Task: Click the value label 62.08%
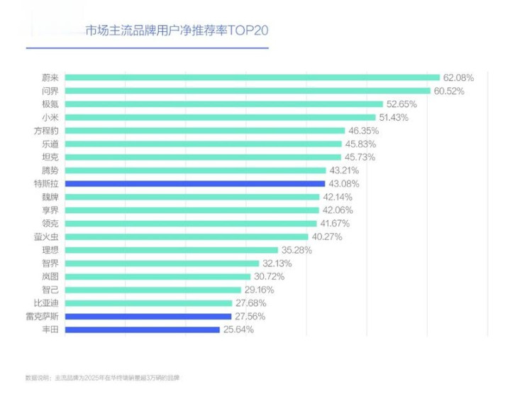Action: pos(458,77)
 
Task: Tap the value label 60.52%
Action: pos(450,91)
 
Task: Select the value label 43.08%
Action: pos(345,183)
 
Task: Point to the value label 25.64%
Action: pos(239,330)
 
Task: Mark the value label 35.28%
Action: pos(296,250)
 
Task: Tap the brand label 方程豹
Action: pos(48,131)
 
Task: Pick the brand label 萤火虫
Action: pos(48,236)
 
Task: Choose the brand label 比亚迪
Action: pos(48,303)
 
